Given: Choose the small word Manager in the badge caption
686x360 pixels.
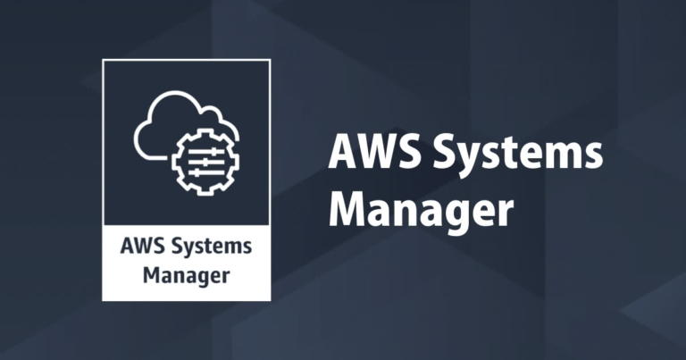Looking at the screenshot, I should [187, 273].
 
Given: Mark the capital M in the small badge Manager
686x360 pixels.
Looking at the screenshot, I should [153, 273].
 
